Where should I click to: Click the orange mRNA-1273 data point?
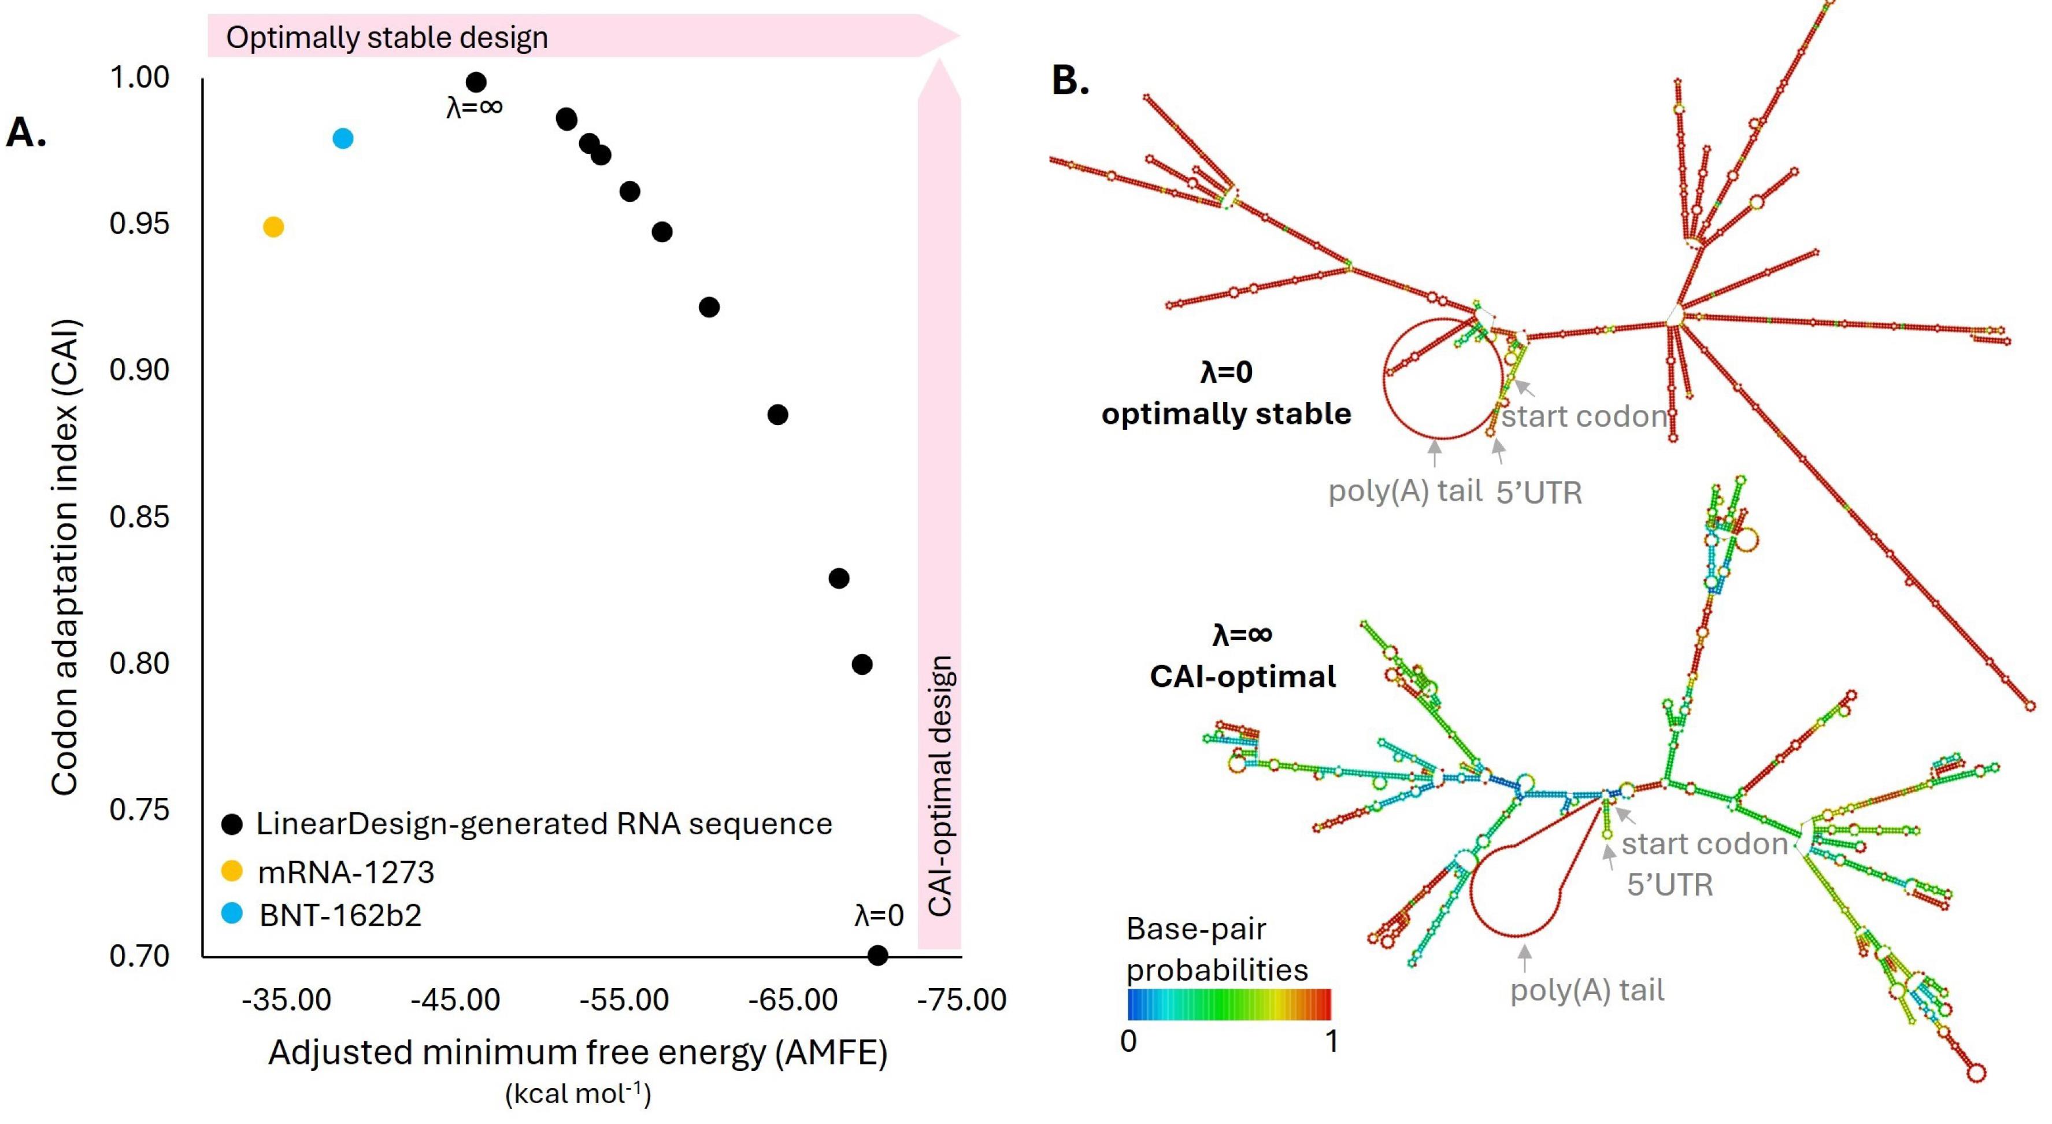pyautogui.click(x=273, y=227)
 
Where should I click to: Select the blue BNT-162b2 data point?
pyautogui.click(x=343, y=139)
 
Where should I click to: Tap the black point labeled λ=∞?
pyautogui.click(x=476, y=82)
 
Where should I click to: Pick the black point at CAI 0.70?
pyautogui.click(x=877, y=955)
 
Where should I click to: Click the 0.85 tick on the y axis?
pyautogui.click(x=139, y=517)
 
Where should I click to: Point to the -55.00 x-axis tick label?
pyautogui.click(x=624, y=1000)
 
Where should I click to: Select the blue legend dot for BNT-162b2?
pyautogui.click(x=232, y=914)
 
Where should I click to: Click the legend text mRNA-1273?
pyautogui.click(x=346, y=872)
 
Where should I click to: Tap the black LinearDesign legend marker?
pyautogui.click(x=232, y=824)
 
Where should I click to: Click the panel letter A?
pyautogui.click(x=25, y=132)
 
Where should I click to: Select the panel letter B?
pyautogui.click(x=1070, y=80)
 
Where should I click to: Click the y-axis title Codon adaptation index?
pyautogui.click(x=65, y=557)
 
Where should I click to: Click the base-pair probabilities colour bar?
pyautogui.click(x=1229, y=1004)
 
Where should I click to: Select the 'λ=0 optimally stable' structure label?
pyautogui.click(x=1227, y=394)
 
